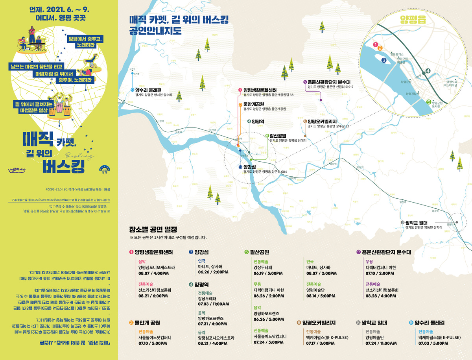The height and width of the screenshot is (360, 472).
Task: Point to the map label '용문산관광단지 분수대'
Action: click(332, 82)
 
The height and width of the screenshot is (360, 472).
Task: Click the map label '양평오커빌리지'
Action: click(328, 121)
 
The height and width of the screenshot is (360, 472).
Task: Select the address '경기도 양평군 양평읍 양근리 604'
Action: click(265, 172)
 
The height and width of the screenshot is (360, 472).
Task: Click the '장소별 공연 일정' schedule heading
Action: click(153, 229)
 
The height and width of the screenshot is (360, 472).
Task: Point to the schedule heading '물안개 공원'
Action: click(147, 323)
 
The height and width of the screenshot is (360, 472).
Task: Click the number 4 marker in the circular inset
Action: click(428, 71)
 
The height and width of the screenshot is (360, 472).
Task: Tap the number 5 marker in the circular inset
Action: click(428, 101)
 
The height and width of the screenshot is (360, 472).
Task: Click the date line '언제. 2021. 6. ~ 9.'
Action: click(60, 8)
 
